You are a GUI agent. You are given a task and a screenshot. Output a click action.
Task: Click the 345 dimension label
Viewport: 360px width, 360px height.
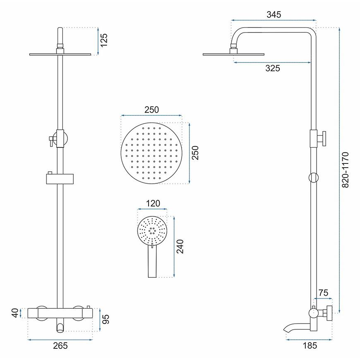click(x=274, y=15)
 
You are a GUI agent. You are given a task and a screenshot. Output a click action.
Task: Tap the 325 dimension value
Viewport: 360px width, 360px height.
click(x=273, y=68)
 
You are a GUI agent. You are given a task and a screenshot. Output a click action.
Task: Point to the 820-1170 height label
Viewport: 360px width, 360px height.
click(x=345, y=170)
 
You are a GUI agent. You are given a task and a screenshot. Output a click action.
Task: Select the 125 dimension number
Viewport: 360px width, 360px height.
click(x=104, y=40)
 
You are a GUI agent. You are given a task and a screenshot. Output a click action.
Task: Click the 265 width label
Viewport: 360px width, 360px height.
click(x=60, y=345)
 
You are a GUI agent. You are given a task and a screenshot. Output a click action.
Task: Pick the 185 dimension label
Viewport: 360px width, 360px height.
click(x=310, y=345)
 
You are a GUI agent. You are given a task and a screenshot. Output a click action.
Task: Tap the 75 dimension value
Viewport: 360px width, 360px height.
click(x=323, y=293)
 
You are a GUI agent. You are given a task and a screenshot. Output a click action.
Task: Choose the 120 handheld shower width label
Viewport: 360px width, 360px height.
click(x=153, y=204)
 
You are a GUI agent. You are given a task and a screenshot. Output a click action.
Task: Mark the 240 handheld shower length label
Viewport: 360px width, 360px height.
click(x=180, y=247)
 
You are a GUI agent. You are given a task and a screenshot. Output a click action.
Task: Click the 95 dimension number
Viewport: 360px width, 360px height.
click(x=106, y=319)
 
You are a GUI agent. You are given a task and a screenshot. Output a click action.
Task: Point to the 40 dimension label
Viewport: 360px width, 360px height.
click(x=15, y=313)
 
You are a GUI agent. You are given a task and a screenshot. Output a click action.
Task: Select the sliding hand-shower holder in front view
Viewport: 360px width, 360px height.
click(x=60, y=179)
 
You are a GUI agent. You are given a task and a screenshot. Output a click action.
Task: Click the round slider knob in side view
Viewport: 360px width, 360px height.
click(x=313, y=178)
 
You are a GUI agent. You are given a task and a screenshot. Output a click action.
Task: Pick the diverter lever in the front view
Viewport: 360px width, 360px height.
click(x=51, y=141)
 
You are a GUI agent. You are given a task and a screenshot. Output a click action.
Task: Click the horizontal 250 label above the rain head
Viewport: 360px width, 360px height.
click(x=151, y=110)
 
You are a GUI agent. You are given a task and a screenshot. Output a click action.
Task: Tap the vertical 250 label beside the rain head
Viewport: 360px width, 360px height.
click(x=195, y=153)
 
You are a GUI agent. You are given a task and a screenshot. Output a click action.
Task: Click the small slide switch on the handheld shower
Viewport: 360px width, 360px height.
click(x=152, y=245)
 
